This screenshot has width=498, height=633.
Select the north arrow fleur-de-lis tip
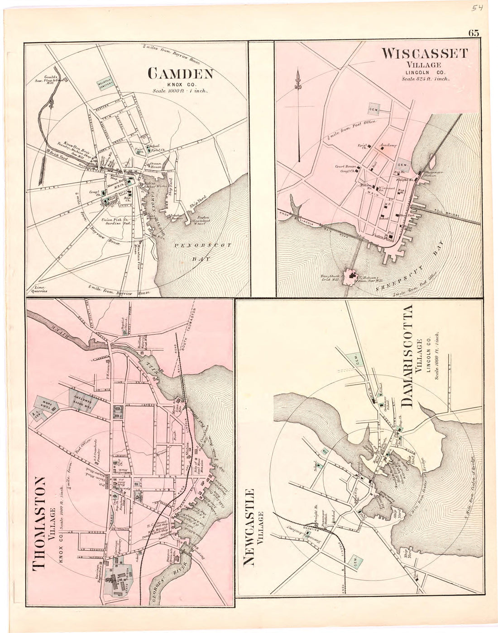pos(298,75)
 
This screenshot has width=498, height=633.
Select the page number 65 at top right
pos(474,33)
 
